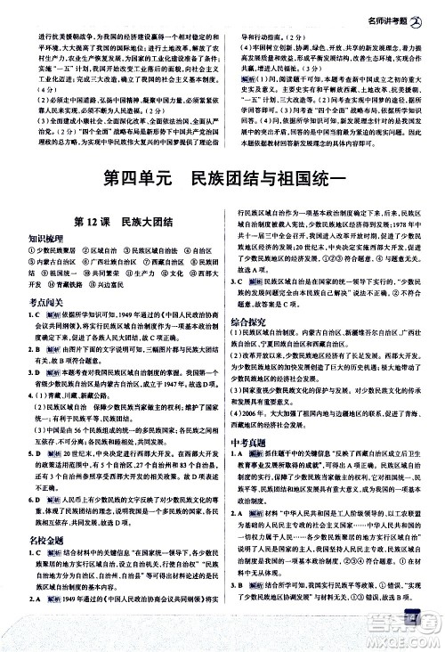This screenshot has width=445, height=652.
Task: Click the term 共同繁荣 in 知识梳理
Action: click(105, 273)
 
